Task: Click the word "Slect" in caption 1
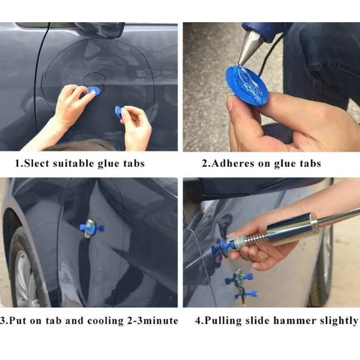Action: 37,163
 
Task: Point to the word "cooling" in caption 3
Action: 106,321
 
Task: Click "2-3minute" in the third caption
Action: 152,321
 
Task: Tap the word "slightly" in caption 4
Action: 335,321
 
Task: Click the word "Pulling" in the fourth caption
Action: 223,321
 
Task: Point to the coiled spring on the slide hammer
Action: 256,240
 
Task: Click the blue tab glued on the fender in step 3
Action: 92,228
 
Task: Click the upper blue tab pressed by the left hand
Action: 94,91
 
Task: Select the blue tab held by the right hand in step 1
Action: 119,112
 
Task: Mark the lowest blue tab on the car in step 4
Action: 245,295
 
